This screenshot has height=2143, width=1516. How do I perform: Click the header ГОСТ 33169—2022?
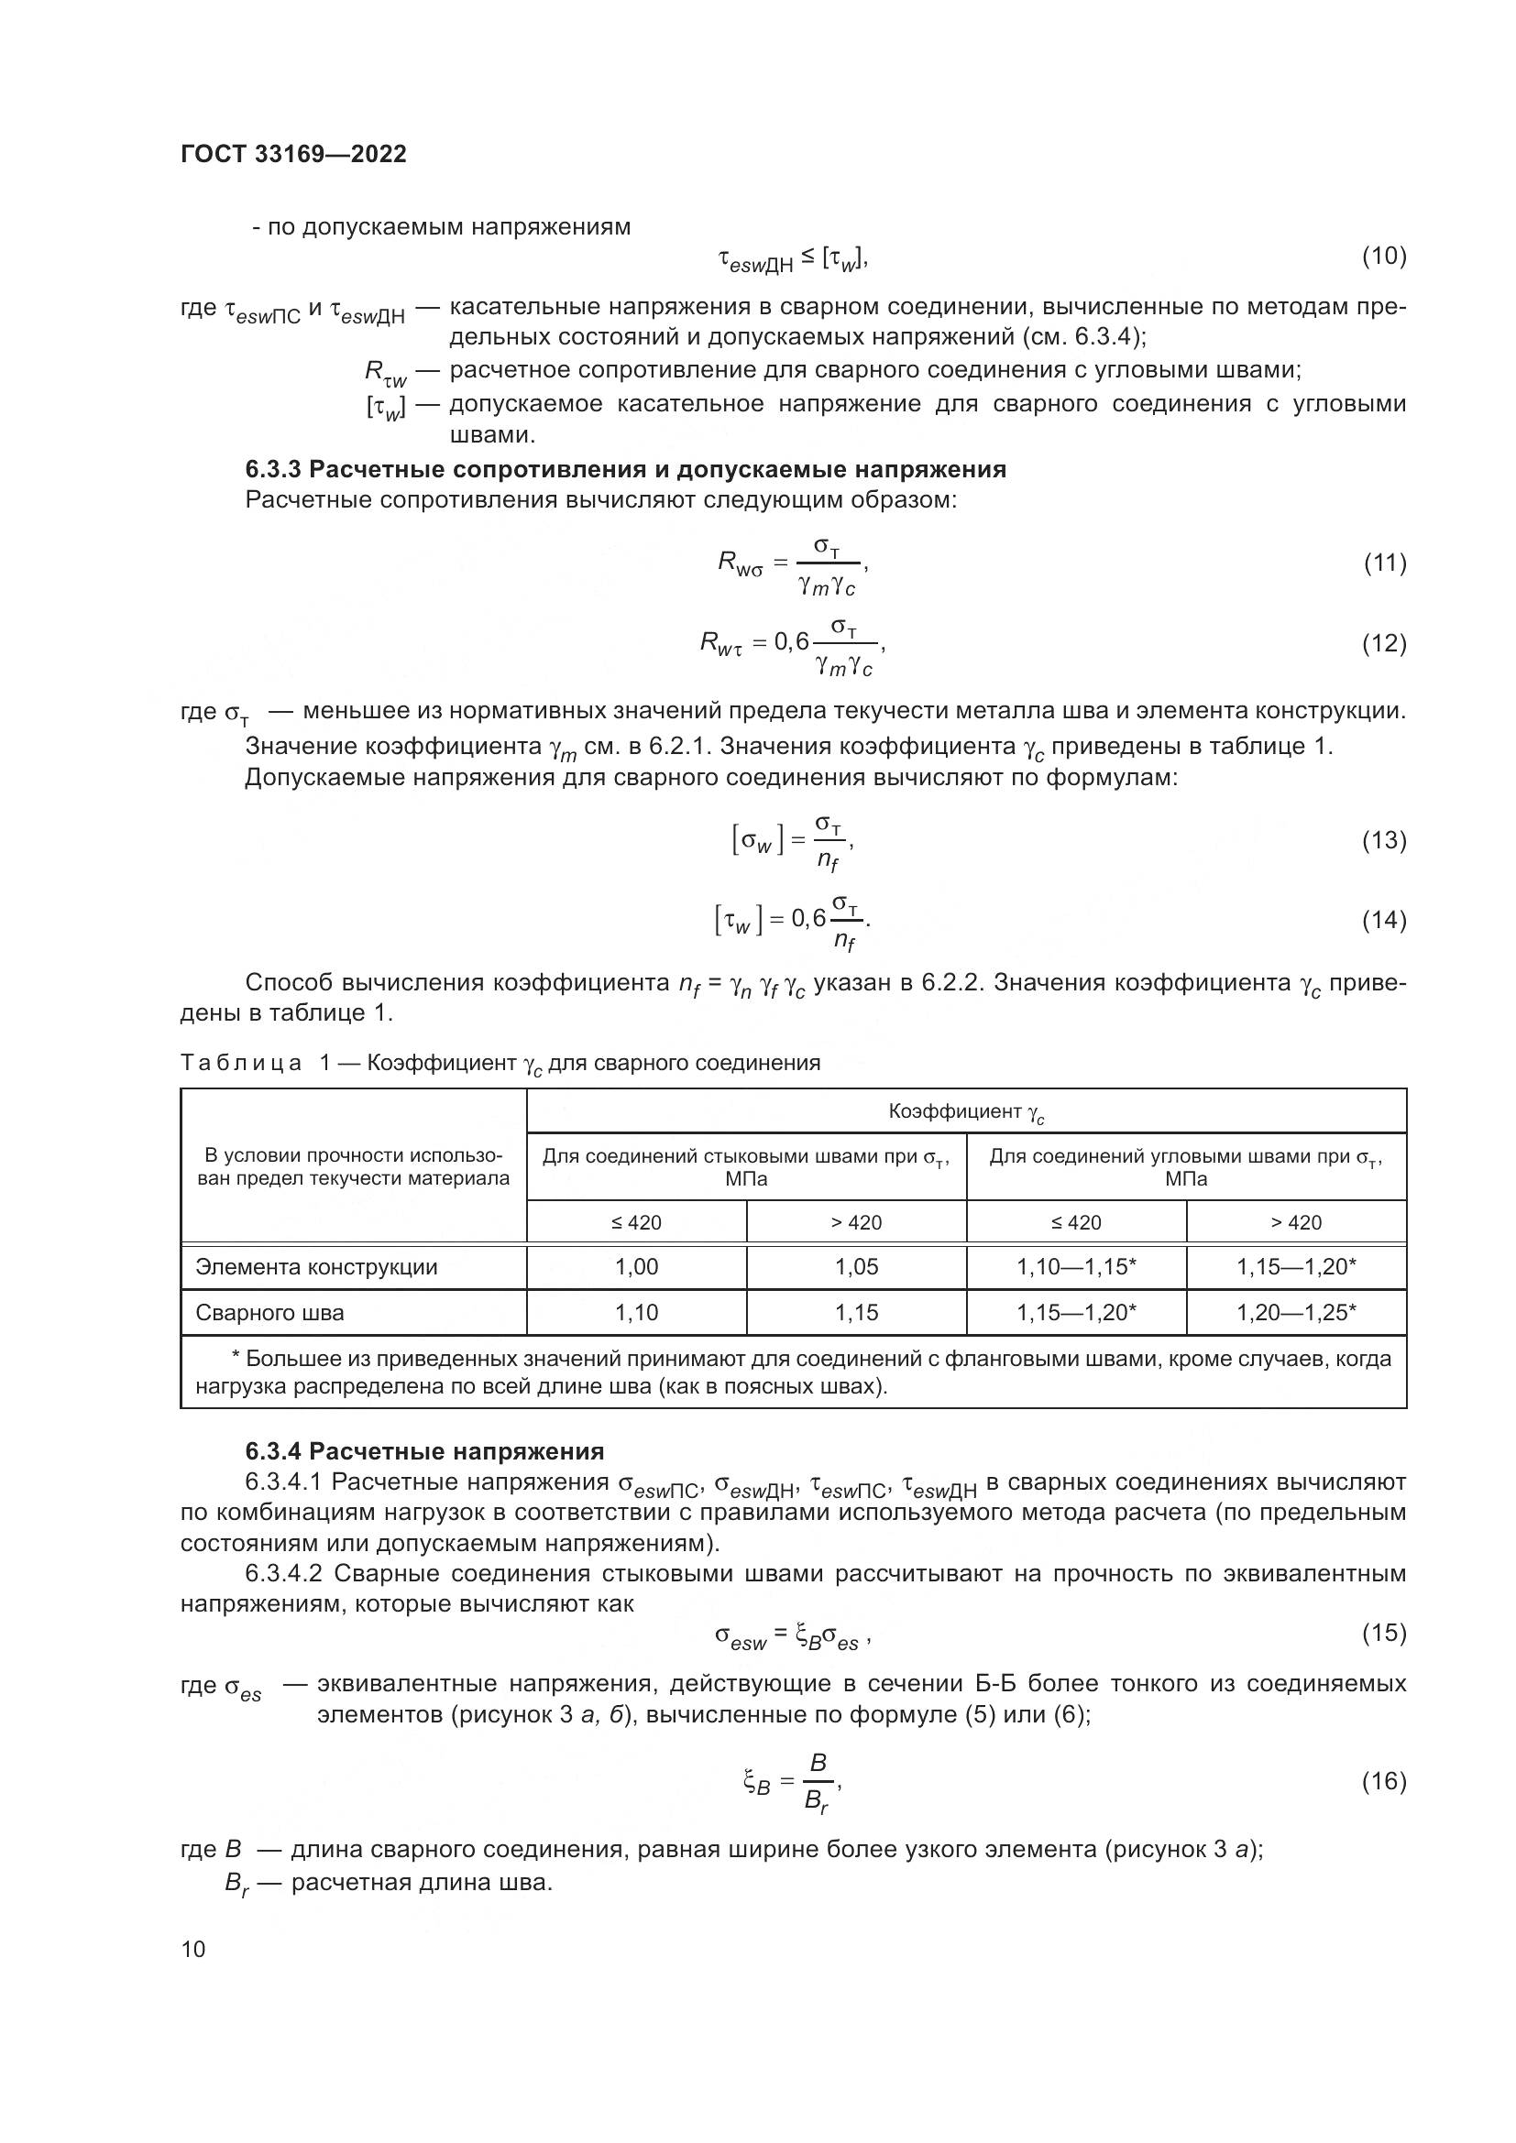tap(293, 155)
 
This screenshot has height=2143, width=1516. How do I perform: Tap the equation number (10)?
tap(1383, 256)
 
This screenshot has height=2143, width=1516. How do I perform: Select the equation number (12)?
tap(1383, 643)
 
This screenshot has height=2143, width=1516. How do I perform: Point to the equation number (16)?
tap(1383, 1782)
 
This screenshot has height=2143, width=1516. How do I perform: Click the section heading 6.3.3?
tap(625, 469)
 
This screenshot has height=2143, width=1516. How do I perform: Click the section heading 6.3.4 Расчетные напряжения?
tap(424, 1451)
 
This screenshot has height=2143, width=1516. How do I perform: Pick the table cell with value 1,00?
tap(637, 1266)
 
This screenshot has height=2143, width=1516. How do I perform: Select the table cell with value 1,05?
tap(856, 1266)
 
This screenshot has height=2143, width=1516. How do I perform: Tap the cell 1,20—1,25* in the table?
tap(1296, 1312)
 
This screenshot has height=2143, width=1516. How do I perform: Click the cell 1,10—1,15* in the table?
tap(1076, 1266)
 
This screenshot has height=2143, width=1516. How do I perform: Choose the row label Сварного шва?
tap(269, 1312)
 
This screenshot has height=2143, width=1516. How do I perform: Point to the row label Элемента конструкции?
tap(316, 1266)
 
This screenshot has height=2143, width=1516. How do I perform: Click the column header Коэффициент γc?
tap(966, 1111)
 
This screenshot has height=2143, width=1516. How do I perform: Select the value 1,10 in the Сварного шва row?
tap(637, 1312)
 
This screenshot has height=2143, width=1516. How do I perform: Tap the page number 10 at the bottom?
tap(193, 1949)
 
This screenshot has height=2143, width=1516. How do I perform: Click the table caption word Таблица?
tap(241, 1063)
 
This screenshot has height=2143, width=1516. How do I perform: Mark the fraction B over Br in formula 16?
tap(818, 1783)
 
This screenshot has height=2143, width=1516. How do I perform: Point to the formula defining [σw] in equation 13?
tap(792, 841)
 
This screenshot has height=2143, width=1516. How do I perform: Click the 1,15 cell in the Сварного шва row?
tap(856, 1312)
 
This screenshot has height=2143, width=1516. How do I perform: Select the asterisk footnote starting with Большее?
tap(793, 1372)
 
